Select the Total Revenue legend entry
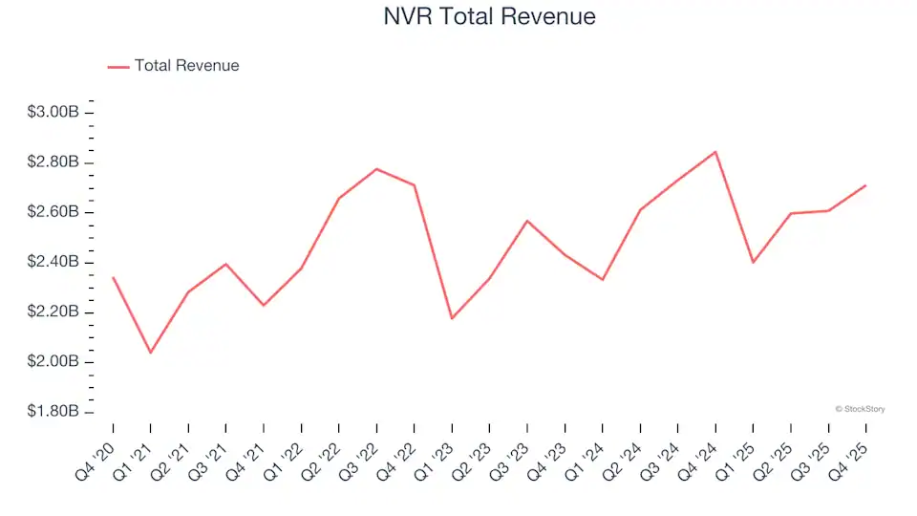point(186,66)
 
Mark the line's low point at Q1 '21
point(150,353)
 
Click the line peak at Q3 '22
point(376,169)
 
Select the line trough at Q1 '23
point(452,318)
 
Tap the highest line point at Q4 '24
point(715,152)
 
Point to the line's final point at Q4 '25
point(866,185)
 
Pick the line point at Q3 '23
point(527,221)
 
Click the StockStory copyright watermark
point(860,409)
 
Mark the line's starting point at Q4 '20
point(113,278)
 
